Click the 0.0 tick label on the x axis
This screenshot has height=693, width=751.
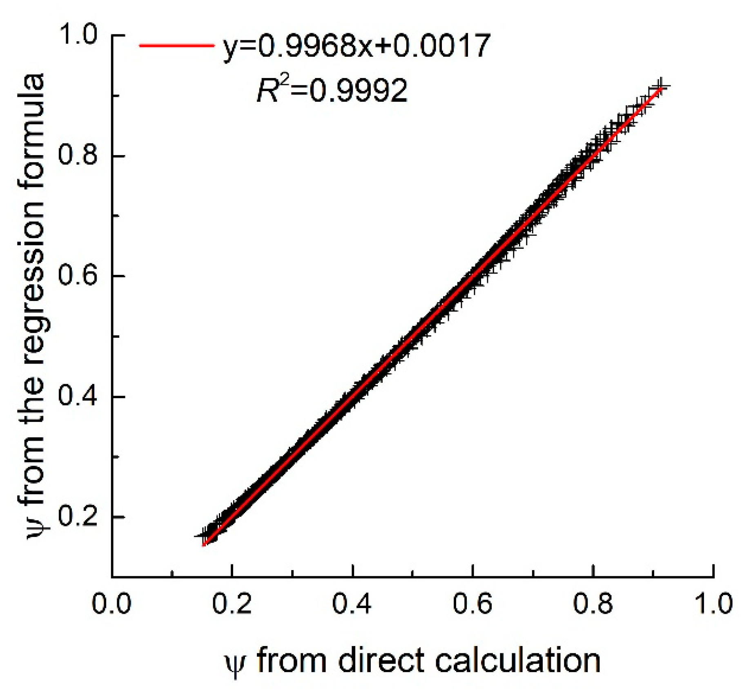[111, 604]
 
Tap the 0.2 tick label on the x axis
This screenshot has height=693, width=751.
[232, 604]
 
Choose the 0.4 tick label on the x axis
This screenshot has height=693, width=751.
[352, 604]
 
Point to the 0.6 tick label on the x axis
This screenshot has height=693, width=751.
[472, 604]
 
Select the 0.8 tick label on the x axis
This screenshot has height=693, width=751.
[593, 604]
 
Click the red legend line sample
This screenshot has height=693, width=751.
[176, 45]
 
